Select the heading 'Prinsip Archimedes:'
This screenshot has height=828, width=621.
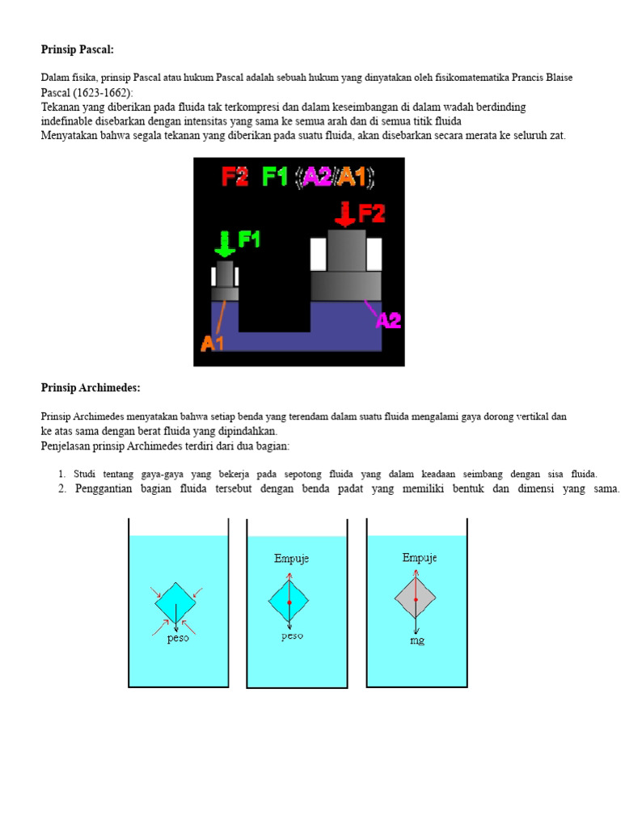(x=91, y=388)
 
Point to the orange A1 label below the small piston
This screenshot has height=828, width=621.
(x=213, y=343)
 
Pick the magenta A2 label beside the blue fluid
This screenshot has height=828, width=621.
(x=389, y=320)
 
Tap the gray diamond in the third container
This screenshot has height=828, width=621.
(x=415, y=598)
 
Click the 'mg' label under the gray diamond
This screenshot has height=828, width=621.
(x=416, y=640)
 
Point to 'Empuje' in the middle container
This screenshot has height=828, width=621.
(x=291, y=559)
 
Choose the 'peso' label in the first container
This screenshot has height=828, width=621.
(x=178, y=638)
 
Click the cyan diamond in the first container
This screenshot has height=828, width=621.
(x=175, y=602)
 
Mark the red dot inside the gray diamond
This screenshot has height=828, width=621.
(x=415, y=600)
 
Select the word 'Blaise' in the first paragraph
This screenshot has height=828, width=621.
(x=557, y=78)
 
